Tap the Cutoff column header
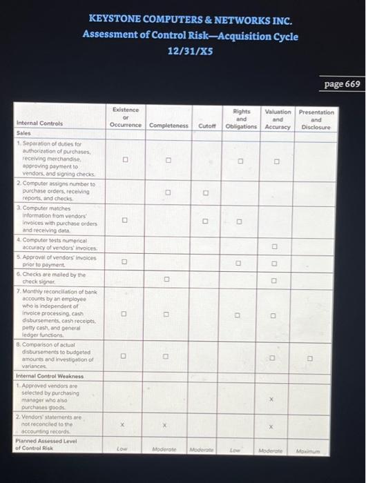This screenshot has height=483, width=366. tap(207, 126)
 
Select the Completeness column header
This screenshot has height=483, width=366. tap(168, 126)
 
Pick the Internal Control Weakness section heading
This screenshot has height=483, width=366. tap(49, 376)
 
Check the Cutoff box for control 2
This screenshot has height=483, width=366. tap(206, 193)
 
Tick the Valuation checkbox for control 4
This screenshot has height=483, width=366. tap(274, 246)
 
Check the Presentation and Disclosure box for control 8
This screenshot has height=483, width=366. tap(310, 357)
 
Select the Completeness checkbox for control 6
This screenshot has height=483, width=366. tap(166, 279)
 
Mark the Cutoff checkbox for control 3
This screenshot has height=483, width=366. tap(206, 221)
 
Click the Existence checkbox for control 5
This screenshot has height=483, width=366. tap(125, 262)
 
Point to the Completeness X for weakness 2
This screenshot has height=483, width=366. tap(166, 426)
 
